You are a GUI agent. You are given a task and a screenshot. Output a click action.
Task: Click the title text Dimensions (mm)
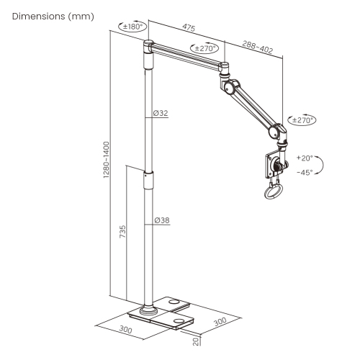(49, 15)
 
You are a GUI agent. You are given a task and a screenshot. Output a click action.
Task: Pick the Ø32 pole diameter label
(161, 112)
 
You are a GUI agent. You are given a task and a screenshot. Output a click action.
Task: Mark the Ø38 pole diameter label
(161, 220)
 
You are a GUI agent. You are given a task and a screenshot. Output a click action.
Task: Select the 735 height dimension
(122, 233)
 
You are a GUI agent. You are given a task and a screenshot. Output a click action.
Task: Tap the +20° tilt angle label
(304, 157)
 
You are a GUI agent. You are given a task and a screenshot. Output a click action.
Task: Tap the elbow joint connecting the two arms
(230, 86)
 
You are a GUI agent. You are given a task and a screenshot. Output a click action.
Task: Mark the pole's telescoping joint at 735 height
(148, 173)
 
